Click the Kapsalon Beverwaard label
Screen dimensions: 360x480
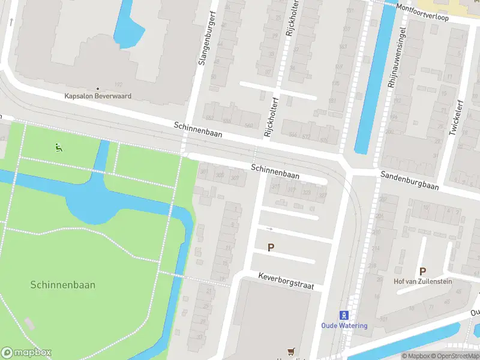click(98, 96)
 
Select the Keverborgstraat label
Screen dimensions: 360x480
click(286, 280)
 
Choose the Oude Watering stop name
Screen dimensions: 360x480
click(344, 326)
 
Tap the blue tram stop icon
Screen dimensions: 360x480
click(344, 315)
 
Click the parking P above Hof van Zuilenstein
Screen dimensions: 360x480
click(422, 271)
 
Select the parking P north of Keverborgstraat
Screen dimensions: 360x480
click(271, 247)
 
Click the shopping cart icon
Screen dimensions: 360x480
click(292, 352)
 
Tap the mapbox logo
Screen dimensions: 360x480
click(26, 353)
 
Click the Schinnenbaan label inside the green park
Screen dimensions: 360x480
click(62, 286)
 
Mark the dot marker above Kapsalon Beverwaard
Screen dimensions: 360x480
click(98, 89)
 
